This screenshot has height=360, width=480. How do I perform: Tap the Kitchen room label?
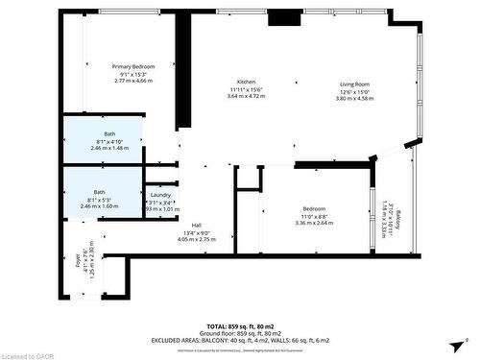[246, 83]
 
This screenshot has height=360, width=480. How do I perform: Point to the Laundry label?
[160, 195]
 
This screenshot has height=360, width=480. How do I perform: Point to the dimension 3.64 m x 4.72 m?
[246, 97]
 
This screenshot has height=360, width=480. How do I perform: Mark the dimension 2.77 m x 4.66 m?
[133, 81]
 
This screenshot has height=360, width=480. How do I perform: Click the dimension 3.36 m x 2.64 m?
[315, 223]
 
